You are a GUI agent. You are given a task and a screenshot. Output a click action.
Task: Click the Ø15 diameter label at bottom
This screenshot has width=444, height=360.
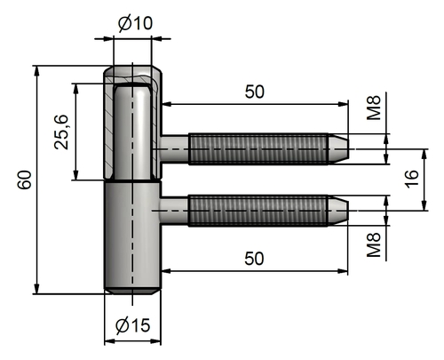[132, 326]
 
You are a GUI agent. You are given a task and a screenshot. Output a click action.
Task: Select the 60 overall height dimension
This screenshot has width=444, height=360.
[24, 180]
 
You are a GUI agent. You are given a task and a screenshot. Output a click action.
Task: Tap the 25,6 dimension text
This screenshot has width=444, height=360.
[62, 132]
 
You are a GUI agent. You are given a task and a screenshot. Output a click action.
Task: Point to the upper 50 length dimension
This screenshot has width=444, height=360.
[254, 92]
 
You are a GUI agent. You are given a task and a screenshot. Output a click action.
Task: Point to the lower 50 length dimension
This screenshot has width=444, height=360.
[254, 258]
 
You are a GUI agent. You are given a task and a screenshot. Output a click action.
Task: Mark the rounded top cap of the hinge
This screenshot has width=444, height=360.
[132, 72]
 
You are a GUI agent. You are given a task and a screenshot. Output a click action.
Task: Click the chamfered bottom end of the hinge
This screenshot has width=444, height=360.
[131, 290]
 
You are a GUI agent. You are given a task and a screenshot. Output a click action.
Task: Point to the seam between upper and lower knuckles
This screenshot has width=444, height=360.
[131, 181]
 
